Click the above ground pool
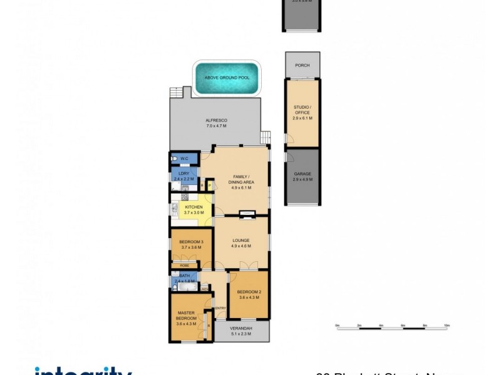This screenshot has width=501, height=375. point(226,78)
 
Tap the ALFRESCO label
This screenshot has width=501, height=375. point(216,120)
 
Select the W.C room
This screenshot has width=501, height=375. point(184,158)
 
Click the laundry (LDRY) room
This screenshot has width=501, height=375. point(184,173)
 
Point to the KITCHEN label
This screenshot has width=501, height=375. point(194,207)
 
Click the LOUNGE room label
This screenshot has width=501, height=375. point(241,240)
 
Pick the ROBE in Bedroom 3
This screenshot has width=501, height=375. point(185,265)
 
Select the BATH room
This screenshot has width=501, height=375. point(185,276)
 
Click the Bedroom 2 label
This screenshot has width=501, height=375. point(249,293)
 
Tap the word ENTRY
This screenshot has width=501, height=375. point(220,308)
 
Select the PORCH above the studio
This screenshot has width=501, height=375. point(302,65)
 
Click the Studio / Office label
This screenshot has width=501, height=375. point(302,111)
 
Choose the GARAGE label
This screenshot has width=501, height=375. point(302,174)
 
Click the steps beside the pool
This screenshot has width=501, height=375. point(178,92)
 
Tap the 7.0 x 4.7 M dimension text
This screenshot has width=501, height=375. point(216,126)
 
